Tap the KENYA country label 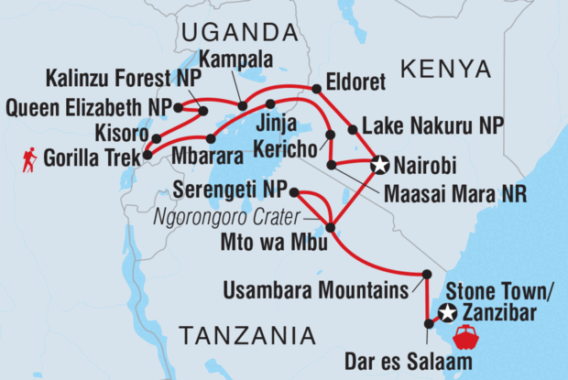pos(445,70)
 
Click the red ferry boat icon pos(466,337)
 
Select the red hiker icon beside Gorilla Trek pos(30,161)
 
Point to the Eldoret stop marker pos(317,89)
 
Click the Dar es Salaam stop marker pos(429,323)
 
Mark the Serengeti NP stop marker pos(293,191)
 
